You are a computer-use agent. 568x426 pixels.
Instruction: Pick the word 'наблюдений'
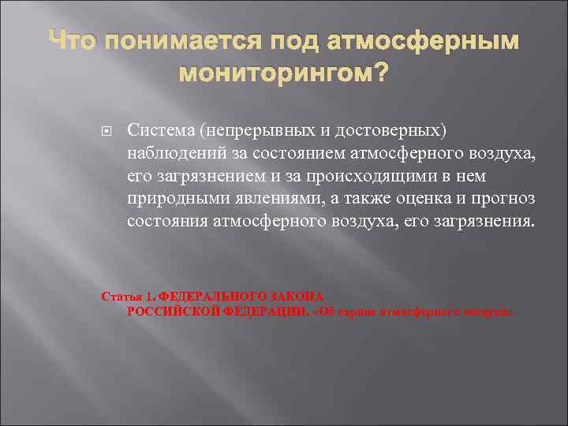click(x=171, y=151)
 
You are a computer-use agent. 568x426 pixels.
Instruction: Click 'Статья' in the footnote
click(x=120, y=297)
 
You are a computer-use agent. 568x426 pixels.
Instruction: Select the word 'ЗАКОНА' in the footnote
click(x=297, y=297)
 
